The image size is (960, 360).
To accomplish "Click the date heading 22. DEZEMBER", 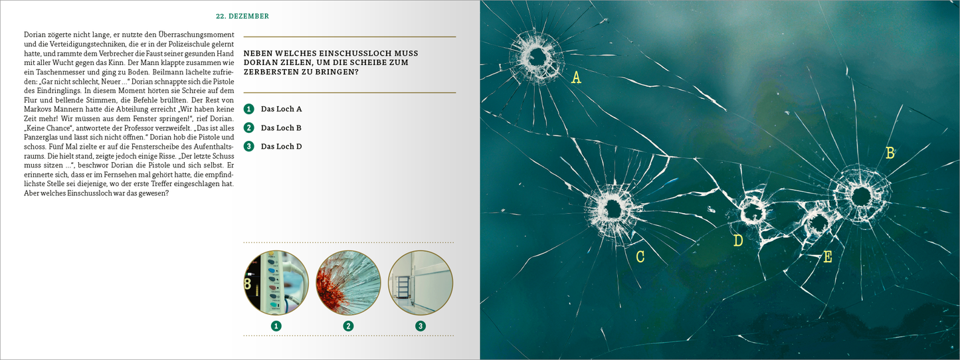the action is tap(242, 17).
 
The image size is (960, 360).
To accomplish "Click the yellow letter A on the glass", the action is tap(577, 78).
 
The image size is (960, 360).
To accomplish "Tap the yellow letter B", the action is tap(890, 153).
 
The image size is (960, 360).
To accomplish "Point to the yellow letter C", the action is tap(640, 256).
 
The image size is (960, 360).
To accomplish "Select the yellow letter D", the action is tap(737, 240).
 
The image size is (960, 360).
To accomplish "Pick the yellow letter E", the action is tap(828, 256).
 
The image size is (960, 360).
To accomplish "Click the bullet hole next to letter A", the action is tap(536, 58).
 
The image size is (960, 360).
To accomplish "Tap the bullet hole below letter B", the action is tap(860, 197).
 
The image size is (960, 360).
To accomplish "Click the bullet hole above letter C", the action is tap(613, 209).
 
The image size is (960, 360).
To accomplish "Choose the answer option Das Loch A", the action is tap(281, 109).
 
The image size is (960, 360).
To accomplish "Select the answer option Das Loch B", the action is tap(281, 128).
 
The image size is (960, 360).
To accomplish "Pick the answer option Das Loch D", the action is tap(281, 147).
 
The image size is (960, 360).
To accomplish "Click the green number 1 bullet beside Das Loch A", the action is tap(249, 109).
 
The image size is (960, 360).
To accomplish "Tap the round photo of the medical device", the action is tap(276, 283).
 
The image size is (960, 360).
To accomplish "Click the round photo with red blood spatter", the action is tap(348, 283).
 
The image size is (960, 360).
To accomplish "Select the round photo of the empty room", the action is tap(421, 283).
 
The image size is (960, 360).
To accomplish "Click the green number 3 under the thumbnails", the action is tap(421, 326).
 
